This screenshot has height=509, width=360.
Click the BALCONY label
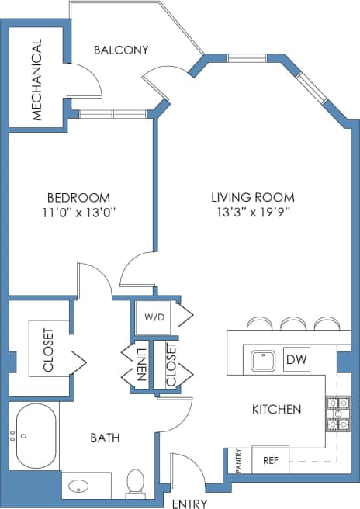click(121, 50)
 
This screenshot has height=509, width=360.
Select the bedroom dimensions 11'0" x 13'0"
click(78, 211)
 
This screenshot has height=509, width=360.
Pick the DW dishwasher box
click(295, 359)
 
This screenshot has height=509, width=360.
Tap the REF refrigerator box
click(271, 459)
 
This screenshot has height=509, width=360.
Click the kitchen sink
click(263, 361)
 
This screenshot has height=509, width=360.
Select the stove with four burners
click(337, 414)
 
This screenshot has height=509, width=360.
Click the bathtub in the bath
click(35, 436)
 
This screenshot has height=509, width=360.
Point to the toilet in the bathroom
click(135, 482)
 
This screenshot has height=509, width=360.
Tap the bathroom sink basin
click(78, 487)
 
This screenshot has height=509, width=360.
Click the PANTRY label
click(238, 460)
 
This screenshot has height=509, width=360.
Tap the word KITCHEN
click(276, 409)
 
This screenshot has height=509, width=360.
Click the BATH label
click(105, 438)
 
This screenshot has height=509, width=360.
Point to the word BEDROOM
click(78, 197)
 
